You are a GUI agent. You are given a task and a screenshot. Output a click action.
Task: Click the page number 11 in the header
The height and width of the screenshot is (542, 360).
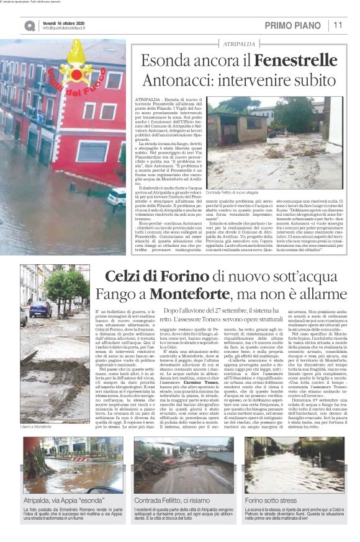coord(338,25)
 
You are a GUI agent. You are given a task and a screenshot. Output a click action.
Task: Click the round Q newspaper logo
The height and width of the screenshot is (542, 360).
coord(29,25)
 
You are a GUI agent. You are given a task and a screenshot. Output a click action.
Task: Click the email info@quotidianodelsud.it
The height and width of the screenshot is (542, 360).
coord(68,28)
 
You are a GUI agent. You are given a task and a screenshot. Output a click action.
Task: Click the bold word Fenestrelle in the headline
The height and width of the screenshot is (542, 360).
coord(301,61)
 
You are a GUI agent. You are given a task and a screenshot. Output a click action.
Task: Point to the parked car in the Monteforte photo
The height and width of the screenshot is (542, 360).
coord(41,308)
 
